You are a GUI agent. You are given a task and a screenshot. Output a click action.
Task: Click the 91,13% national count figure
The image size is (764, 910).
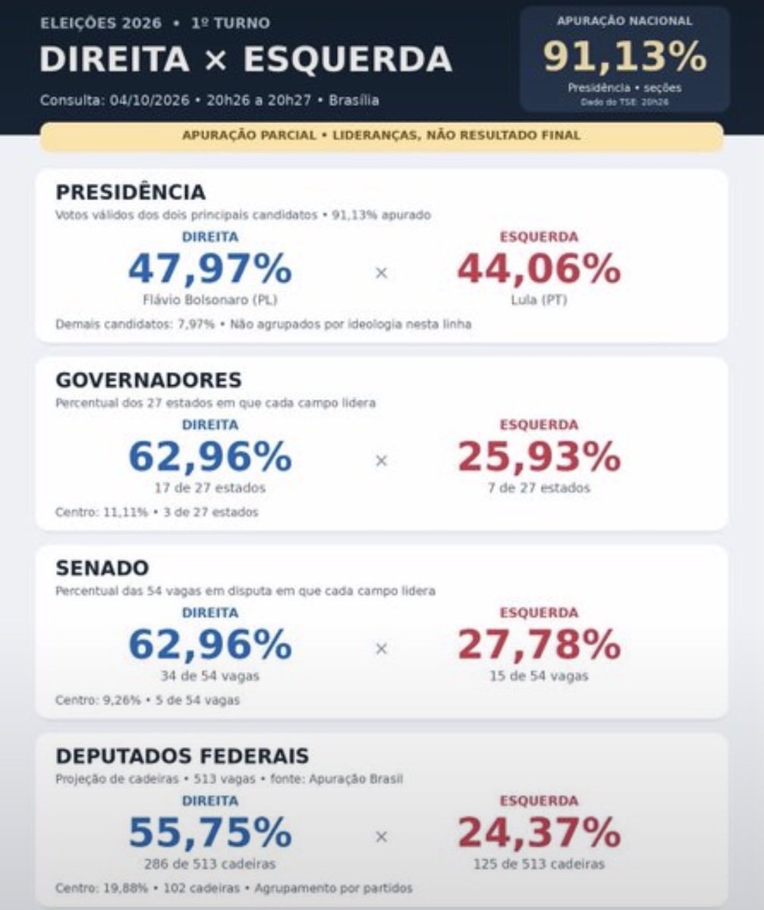624,57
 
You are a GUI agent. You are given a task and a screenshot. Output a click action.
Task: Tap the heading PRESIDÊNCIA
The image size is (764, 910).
130,192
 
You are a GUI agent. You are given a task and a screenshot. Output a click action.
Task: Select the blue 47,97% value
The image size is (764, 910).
210,269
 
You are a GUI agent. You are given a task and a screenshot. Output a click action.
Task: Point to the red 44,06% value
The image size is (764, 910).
539,269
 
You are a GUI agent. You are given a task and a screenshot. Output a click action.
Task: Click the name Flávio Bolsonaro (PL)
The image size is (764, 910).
210,300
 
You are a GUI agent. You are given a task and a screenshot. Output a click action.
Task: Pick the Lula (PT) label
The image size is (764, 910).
539,300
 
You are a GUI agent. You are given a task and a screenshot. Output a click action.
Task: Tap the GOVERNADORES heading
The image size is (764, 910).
149,380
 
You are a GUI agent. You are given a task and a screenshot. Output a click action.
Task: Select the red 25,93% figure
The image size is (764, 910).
539,457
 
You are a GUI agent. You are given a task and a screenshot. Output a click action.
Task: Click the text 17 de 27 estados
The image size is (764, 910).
210,488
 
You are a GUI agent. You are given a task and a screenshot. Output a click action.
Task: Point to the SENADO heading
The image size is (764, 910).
102,568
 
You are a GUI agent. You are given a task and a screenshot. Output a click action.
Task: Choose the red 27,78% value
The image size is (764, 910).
539,645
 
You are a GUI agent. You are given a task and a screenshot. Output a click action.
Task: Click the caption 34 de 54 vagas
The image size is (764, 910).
210,676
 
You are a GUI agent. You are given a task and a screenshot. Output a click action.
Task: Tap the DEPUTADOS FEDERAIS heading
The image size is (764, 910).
182,756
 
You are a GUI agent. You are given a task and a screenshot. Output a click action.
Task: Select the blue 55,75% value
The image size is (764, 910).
210,833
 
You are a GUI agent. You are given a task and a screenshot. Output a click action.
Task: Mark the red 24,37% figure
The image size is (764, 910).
539,833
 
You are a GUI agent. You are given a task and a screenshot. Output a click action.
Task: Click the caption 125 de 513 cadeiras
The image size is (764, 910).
539,864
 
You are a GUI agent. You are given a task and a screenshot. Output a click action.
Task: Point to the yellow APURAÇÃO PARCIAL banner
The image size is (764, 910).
382,136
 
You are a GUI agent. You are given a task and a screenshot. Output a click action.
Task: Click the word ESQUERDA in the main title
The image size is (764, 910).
347,59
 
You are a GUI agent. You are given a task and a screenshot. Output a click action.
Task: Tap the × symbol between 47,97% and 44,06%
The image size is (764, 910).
382,273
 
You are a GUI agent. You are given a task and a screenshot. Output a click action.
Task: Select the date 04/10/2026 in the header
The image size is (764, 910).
149,100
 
